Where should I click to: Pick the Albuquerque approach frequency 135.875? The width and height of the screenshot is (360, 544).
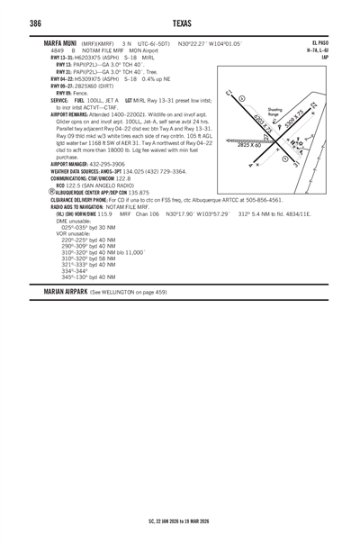[139, 192]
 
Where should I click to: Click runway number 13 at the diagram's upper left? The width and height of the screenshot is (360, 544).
[229, 91]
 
